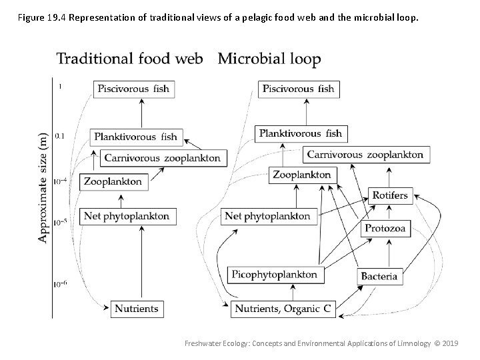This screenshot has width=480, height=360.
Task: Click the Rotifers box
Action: click(x=390, y=195)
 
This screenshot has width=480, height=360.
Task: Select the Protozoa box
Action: click(x=384, y=228)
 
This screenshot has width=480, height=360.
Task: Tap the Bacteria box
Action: click(x=379, y=275)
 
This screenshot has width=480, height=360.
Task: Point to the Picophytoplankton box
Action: click(x=275, y=274)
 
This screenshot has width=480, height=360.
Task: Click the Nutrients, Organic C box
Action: click(x=283, y=309)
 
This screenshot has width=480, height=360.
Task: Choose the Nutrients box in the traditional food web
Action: click(x=137, y=309)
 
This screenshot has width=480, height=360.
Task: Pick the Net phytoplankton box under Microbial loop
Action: click(x=267, y=216)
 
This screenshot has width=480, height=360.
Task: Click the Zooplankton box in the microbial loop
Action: click(x=301, y=175)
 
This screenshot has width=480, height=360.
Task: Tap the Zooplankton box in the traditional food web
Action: click(x=113, y=181)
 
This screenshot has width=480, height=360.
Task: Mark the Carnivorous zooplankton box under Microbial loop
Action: click(x=365, y=155)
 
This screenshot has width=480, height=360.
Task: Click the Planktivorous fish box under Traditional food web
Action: click(x=136, y=137)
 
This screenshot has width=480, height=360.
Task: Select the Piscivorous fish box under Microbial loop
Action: click(x=298, y=89)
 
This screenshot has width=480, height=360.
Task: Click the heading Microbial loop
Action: click(x=269, y=59)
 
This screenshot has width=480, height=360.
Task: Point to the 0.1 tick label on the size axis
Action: click(x=59, y=136)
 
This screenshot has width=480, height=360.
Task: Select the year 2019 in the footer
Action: click(x=450, y=343)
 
